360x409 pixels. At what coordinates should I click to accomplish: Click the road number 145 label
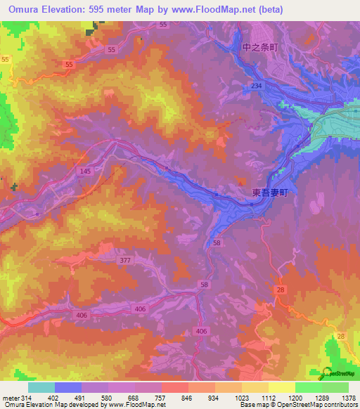coord(85,171)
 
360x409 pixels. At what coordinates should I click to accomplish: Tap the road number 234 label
coord(258,85)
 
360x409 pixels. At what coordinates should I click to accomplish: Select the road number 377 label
coord(124,260)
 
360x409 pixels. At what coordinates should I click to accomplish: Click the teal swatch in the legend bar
coord(41,387)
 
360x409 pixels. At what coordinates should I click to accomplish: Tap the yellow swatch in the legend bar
coord(282,387)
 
